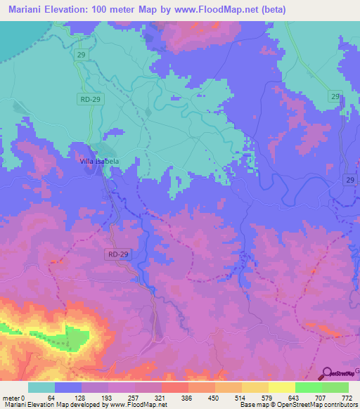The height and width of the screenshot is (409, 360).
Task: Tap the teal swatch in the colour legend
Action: click(41, 387)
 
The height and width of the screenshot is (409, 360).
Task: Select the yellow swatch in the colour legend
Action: click(282, 387)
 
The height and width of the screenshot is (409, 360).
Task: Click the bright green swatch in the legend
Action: click(309, 387)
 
